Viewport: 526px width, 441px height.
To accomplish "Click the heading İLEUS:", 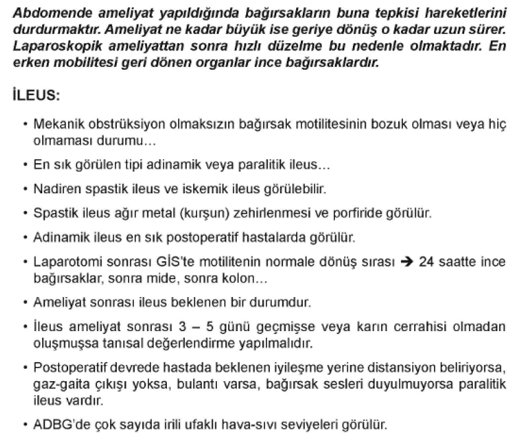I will point(36,97).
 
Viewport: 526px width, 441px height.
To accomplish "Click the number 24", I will point(426,262).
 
